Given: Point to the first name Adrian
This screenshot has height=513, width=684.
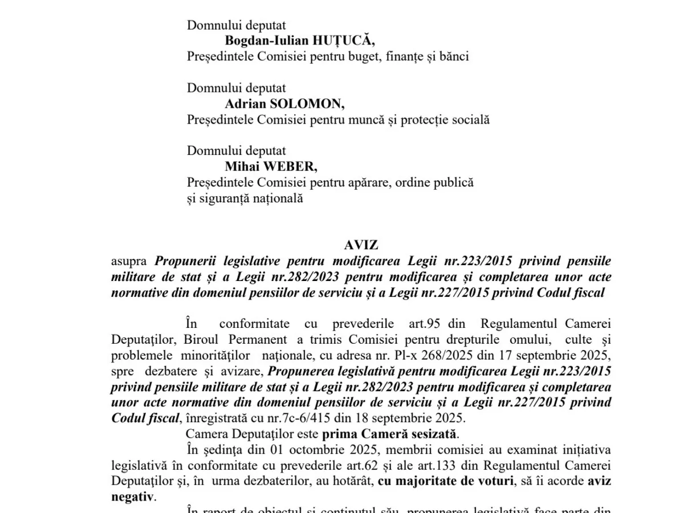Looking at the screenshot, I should pos(243,104).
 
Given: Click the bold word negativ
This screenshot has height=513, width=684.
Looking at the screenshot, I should pos(132,496).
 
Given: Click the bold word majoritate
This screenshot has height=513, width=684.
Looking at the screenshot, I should pos(425,481).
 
